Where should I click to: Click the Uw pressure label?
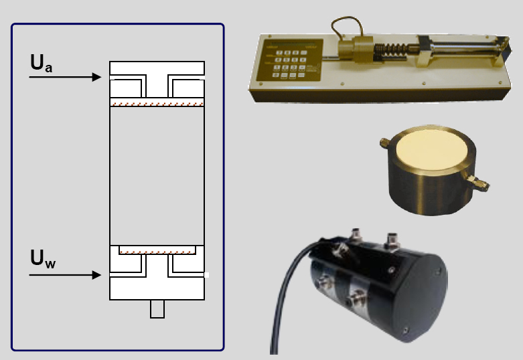[42, 258]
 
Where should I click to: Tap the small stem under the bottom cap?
[157, 309]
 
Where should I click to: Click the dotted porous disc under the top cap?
[157, 104]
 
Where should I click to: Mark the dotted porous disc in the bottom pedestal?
[157, 253]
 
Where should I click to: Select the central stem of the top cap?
[157, 87]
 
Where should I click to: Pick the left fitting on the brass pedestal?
[384, 142]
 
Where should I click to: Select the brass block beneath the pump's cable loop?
[355, 50]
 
